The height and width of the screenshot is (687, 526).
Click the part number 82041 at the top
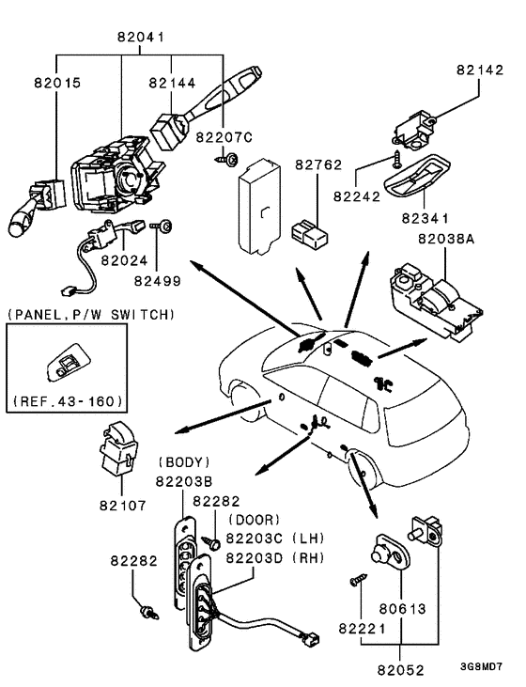[141, 37]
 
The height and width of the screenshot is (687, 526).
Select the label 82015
[58, 83]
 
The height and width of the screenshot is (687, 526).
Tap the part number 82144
[172, 83]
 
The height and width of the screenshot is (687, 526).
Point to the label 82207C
[224, 137]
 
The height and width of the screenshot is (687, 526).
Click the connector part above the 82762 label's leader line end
[310, 234]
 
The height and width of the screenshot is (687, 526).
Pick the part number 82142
[481, 70]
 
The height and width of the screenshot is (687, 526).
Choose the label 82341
[425, 218]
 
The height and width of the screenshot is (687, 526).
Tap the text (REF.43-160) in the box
[68, 401]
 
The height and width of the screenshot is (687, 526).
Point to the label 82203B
[184, 481]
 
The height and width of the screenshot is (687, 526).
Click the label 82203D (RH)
[275, 557]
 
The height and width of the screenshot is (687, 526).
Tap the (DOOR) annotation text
[254, 520]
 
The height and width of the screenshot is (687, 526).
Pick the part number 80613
[403, 609]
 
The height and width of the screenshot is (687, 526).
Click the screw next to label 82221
[358, 580]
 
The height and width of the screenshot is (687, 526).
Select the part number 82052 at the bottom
[401, 670]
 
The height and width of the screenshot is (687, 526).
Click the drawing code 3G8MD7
[481, 666]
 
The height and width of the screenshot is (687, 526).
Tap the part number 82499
[157, 281]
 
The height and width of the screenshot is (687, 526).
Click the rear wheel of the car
[363, 467]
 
